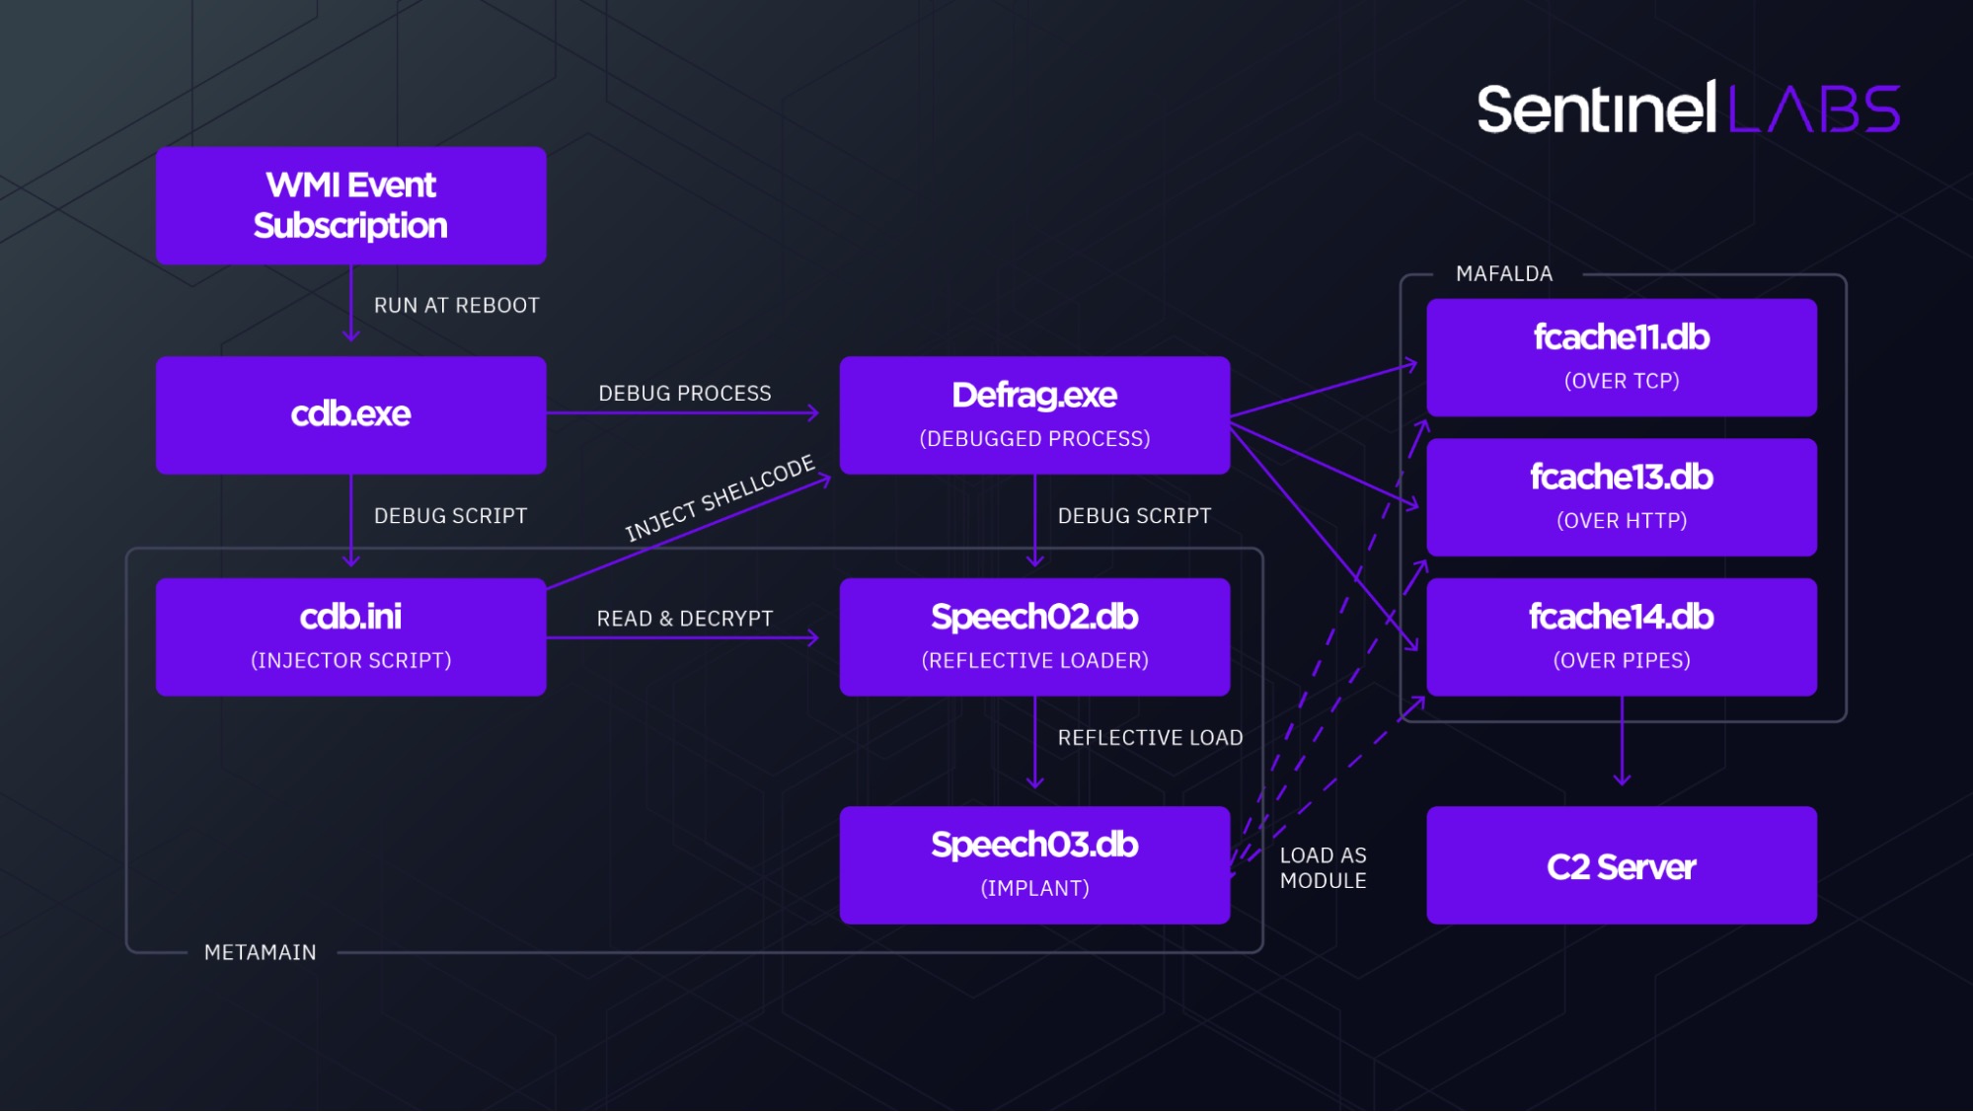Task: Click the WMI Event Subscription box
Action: [350, 205]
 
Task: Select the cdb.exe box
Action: [350, 414]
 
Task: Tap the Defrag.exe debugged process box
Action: [1034, 414]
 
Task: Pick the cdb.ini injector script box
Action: [350, 636]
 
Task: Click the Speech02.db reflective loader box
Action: [1034, 636]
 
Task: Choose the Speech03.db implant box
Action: [1034, 864]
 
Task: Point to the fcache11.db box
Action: [1621, 357]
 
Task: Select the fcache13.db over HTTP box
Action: [1621, 496]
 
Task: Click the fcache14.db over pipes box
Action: [1621, 636]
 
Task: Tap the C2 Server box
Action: [1621, 865]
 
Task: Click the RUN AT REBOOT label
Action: [456, 306]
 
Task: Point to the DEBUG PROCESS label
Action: [684, 394]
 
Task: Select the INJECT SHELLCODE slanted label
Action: [720, 498]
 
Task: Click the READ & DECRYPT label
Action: [684, 619]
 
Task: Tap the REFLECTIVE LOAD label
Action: [1150, 738]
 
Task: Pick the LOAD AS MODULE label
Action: [1323, 868]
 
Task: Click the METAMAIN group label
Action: [260, 953]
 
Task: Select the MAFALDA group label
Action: [1503, 274]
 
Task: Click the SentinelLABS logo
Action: [1688, 109]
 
